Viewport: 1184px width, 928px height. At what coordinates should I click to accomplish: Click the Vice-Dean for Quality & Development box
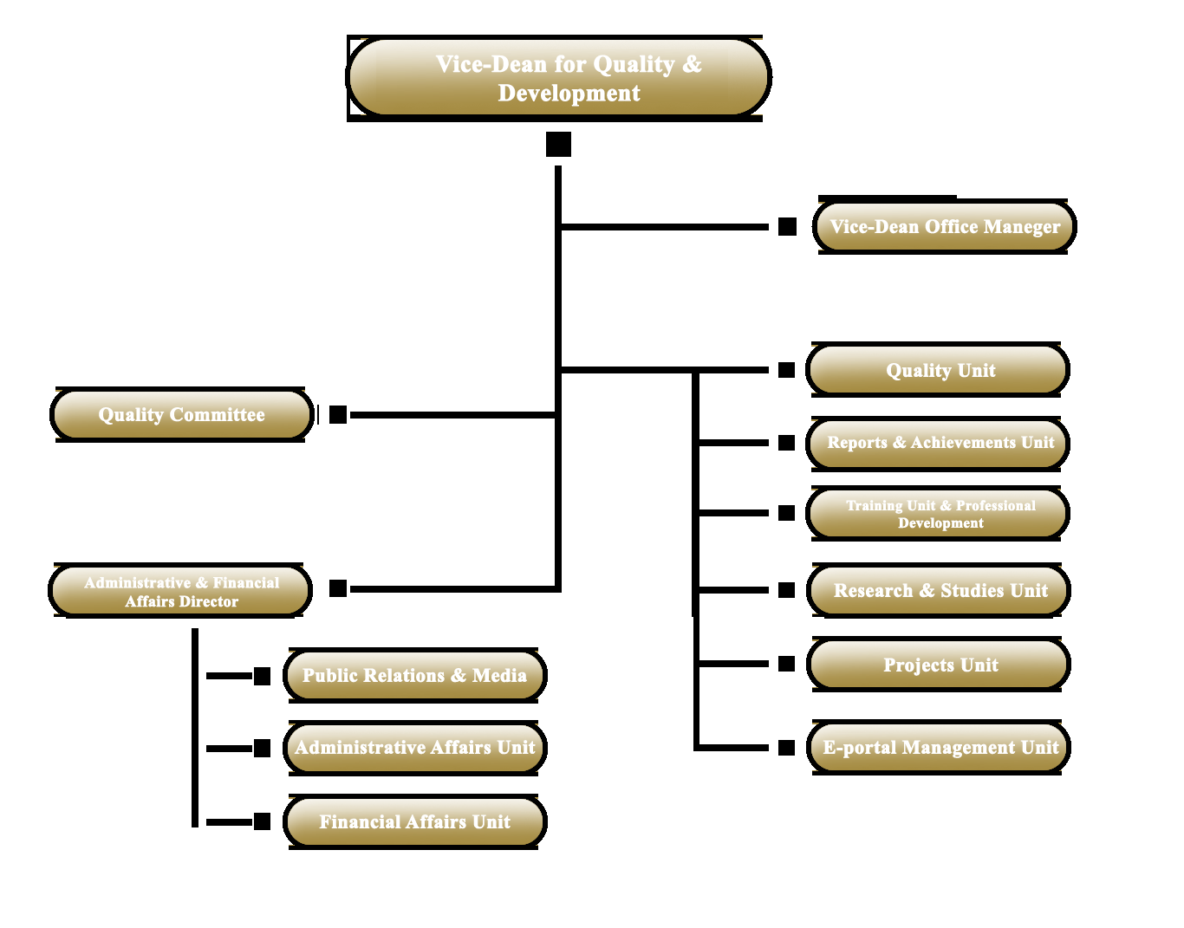click(558, 78)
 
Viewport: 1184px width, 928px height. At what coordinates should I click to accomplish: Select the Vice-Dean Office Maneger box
click(944, 226)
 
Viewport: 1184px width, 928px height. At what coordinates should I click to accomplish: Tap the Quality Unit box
click(937, 370)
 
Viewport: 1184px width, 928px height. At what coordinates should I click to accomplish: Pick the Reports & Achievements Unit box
click(937, 443)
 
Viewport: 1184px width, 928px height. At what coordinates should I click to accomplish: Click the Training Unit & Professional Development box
click(937, 513)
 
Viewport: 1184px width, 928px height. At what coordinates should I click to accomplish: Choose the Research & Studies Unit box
click(938, 590)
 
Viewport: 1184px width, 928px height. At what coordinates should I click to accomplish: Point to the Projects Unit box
click(938, 665)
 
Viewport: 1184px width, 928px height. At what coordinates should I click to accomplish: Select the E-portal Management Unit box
click(938, 747)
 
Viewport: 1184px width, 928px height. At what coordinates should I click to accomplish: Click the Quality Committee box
click(181, 414)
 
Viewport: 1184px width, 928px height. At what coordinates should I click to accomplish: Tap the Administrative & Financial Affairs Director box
click(179, 590)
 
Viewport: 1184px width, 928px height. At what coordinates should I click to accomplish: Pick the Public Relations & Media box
click(414, 675)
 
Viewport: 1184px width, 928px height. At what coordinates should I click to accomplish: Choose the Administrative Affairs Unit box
click(414, 748)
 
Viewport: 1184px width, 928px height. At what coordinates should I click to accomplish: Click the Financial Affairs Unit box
click(414, 821)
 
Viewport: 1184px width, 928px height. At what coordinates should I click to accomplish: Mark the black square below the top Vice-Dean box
click(558, 145)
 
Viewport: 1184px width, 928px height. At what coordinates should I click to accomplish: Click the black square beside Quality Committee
click(338, 414)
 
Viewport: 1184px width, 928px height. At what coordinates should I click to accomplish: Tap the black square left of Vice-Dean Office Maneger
click(787, 226)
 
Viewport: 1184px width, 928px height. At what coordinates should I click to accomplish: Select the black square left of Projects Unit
click(786, 664)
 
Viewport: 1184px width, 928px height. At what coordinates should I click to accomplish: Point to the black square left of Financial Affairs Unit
click(262, 821)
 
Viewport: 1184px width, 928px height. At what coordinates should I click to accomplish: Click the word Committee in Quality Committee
click(217, 414)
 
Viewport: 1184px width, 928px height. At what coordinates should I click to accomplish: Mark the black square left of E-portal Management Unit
click(786, 748)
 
